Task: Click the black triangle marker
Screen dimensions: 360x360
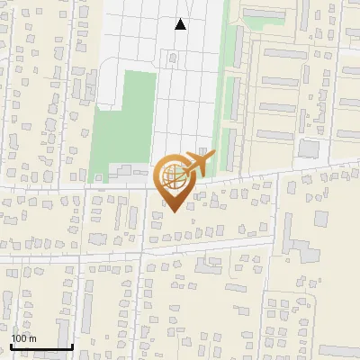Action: click(181, 24)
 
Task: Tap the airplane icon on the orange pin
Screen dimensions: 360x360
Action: click(198, 163)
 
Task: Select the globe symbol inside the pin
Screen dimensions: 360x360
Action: click(175, 176)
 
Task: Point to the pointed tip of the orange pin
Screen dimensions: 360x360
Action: click(171, 211)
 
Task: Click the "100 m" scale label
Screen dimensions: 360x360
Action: click(24, 338)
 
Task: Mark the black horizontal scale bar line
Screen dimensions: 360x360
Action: click(41, 346)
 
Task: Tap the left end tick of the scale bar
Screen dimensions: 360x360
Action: click(11, 345)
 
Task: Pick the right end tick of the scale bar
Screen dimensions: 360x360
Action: click(72, 345)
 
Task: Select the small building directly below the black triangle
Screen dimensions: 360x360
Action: click(173, 58)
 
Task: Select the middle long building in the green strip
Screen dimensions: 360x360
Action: click(231, 97)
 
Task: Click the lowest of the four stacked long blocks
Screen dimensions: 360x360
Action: click(282, 134)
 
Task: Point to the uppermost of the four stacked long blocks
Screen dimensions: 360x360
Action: click(283, 53)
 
